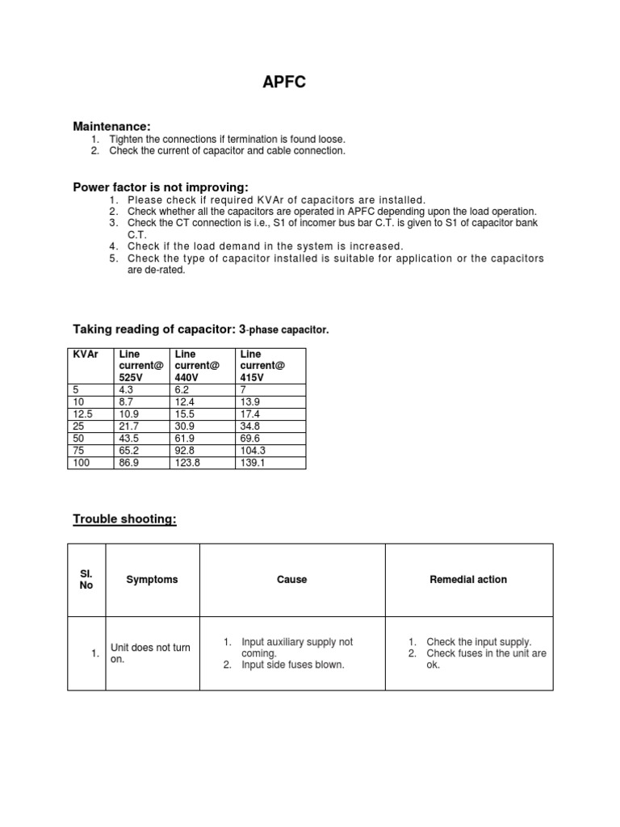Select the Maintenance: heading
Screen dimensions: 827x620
(x=111, y=126)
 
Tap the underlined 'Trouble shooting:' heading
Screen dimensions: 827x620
(x=124, y=518)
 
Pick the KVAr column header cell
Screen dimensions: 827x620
(x=85, y=354)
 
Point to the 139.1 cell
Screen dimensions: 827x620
(x=252, y=463)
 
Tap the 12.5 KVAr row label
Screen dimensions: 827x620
(x=83, y=413)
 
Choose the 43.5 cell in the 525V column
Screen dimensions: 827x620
(x=129, y=438)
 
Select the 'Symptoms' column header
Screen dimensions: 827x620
(x=152, y=579)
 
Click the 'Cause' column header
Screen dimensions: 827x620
(x=291, y=579)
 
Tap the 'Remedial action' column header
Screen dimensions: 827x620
(x=468, y=579)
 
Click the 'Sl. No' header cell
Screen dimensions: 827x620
(x=86, y=579)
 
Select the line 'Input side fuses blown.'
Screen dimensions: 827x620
(x=293, y=665)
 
